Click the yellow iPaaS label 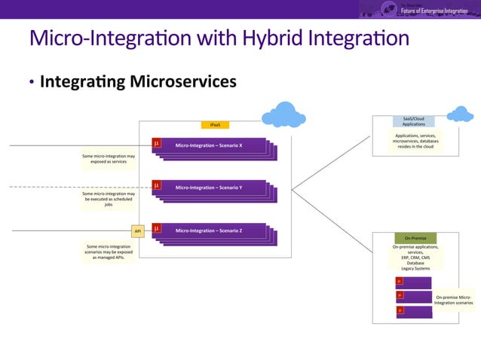215,124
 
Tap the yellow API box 137,230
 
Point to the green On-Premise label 415,238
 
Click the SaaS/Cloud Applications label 413,121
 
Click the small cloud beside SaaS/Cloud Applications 459,114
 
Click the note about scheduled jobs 109,199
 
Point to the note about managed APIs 109,252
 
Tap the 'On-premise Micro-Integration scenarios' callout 454,300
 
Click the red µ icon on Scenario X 157,142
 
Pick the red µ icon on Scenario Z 157,227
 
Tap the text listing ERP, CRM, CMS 415,257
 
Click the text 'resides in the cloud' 415,147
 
